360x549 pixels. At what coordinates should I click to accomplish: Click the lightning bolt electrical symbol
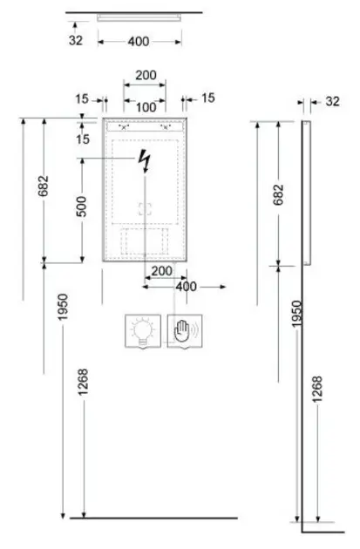(x=145, y=160)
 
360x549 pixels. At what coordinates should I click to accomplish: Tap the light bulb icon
(x=143, y=331)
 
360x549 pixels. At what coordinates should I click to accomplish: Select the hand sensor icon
(x=185, y=331)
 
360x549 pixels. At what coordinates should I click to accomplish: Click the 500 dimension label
(x=81, y=207)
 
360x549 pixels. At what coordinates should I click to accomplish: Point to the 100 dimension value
(x=146, y=107)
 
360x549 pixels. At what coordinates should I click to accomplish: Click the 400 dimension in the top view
(x=139, y=42)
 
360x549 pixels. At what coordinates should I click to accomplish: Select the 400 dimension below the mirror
(x=186, y=287)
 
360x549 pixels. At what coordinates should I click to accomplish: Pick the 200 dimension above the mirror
(x=146, y=75)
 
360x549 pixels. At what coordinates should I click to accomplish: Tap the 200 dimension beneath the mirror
(x=162, y=271)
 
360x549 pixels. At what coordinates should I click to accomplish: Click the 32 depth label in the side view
(x=332, y=101)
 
